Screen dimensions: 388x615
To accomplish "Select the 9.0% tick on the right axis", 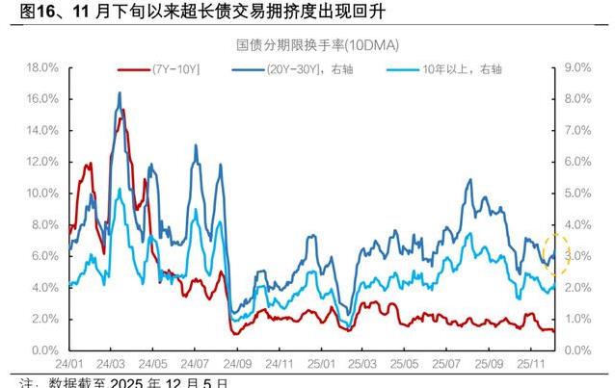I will click(575, 67).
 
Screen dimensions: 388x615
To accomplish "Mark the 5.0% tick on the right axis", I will click(575, 193).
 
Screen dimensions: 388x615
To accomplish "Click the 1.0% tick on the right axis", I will click(575, 319).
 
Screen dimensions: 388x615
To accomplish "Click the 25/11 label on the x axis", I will click(530, 366).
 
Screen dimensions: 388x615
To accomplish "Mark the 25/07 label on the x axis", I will click(447, 366).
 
